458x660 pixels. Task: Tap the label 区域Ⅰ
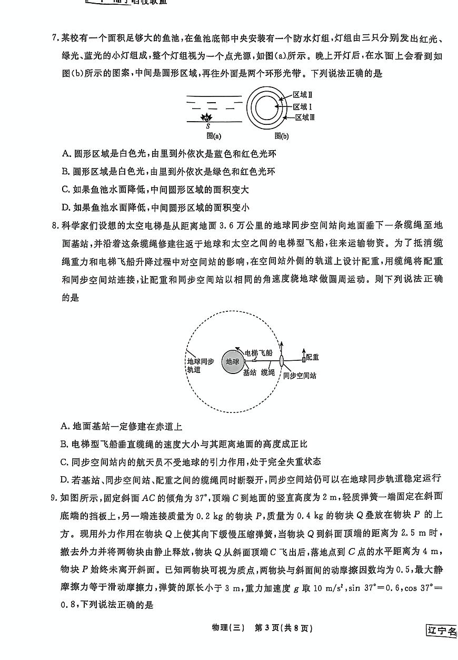pyautogui.click(x=303, y=106)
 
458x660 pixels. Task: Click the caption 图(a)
pyautogui.click(x=214, y=135)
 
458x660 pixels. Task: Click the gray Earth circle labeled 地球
pyautogui.click(x=232, y=361)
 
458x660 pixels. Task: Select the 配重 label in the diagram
pyautogui.click(x=312, y=357)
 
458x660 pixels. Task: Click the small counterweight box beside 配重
pyautogui.click(x=303, y=359)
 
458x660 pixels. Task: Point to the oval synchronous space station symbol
pyautogui.click(x=282, y=360)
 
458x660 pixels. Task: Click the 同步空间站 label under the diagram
pyautogui.click(x=300, y=376)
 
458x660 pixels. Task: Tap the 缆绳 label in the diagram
pyautogui.click(x=268, y=372)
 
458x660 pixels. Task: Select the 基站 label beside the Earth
pyautogui.click(x=250, y=372)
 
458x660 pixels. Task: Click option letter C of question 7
pyautogui.click(x=66, y=189)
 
